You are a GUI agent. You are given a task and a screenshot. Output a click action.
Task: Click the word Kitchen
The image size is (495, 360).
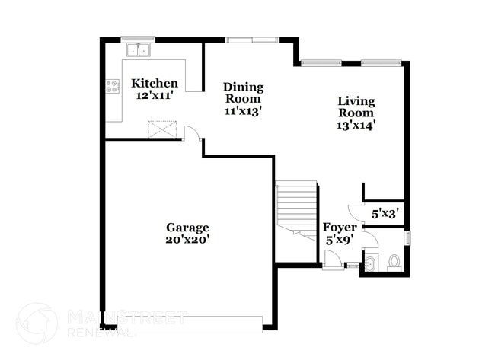pyautogui.click(x=155, y=84)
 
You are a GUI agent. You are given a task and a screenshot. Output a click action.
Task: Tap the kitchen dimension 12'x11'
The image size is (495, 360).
pyautogui.click(x=155, y=96)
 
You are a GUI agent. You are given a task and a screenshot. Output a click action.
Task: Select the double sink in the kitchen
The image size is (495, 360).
pyautogui.click(x=139, y=50)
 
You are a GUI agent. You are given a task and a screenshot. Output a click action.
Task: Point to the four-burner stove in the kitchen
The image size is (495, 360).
pyautogui.click(x=112, y=86)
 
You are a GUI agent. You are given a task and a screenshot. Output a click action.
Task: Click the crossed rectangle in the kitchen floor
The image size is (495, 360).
pyautogui.click(x=161, y=129)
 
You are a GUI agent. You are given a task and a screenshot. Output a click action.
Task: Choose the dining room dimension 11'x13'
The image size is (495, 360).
pyautogui.click(x=243, y=110)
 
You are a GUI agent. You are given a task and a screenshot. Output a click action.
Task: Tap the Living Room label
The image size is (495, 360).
pyautogui.click(x=356, y=107)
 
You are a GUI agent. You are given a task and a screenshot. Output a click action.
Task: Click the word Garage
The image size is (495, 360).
pyautogui.click(x=187, y=228)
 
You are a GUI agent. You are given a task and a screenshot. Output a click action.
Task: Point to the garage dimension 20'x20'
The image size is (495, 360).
pyautogui.click(x=187, y=240)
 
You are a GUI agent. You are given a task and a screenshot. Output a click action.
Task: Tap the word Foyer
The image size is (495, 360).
pyautogui.click(x=338, y=228)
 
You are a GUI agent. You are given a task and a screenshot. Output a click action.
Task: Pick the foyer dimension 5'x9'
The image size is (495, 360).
pyautogui.click(x=338, y=240)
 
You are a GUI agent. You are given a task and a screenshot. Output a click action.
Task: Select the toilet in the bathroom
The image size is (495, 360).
pyautogui.click(x=394, y=263)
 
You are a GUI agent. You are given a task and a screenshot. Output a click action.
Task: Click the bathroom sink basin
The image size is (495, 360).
pyautogui.click(x=369, y=264)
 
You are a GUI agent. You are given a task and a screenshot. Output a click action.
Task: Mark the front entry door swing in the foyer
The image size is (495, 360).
pyautogui.click(x=333, y=259)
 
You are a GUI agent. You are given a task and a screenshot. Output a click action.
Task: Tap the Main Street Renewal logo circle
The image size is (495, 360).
pyautogui.click(x=37, y=323)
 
